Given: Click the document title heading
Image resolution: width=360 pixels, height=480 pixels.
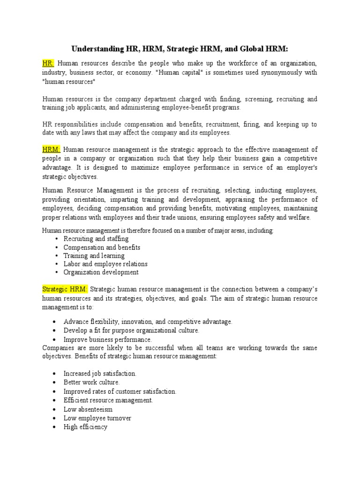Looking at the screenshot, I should coord(180,49).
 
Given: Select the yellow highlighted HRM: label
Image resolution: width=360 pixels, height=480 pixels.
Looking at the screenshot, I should coord(51,150).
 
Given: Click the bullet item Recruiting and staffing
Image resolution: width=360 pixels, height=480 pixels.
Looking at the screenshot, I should coord(96,239).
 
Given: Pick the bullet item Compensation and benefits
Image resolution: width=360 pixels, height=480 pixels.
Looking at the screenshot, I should coord(102,247).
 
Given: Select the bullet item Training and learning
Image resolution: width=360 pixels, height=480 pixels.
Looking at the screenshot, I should coord(94,256).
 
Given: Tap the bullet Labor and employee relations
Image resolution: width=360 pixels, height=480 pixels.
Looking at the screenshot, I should coord(105,264).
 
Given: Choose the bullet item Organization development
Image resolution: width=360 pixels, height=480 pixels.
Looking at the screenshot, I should coord(101,272).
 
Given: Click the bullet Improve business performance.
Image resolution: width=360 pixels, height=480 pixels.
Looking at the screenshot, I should coord(108,339).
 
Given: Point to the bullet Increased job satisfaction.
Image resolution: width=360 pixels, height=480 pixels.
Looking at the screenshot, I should coord(100,374).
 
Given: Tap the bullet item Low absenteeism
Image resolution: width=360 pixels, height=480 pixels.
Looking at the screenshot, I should coord(88,409).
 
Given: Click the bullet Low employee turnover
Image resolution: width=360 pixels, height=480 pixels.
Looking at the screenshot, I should coord(97,418).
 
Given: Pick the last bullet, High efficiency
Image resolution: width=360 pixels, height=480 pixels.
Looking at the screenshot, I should coord(85,427).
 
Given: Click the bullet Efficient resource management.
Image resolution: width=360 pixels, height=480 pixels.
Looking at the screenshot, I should coord(108,400).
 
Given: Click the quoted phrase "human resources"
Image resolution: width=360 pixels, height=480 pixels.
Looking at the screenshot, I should coord(68,82).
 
